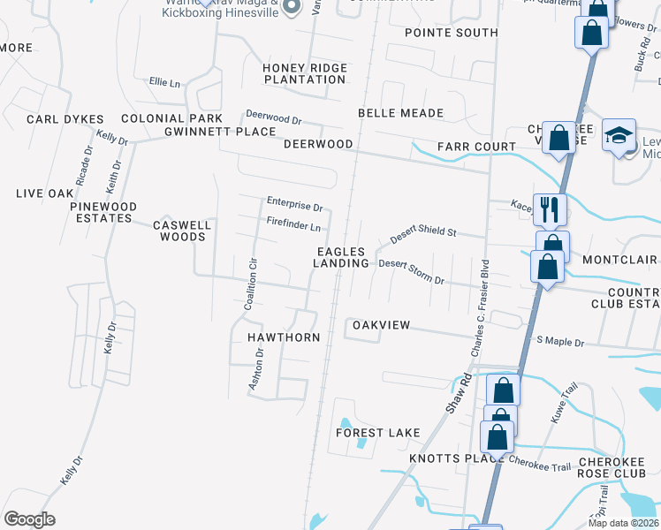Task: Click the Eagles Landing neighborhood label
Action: [x=343, y=258]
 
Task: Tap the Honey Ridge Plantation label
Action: [x=304, y=73]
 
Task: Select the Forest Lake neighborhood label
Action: [x=377, y=433]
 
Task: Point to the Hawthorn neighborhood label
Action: [x=283, y=337]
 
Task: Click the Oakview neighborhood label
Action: [x=382, y=325]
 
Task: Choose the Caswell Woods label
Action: [x=182, y=231]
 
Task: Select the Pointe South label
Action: [x=452, y=33]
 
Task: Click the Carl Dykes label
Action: [x=65, y=119]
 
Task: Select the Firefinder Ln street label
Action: [x=293, y=226]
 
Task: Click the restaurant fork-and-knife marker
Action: [x=549, y=209]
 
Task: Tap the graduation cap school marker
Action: [x=619, y=135]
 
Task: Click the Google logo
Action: [x=29, y=519]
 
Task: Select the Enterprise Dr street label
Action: [x=295, y=204]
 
